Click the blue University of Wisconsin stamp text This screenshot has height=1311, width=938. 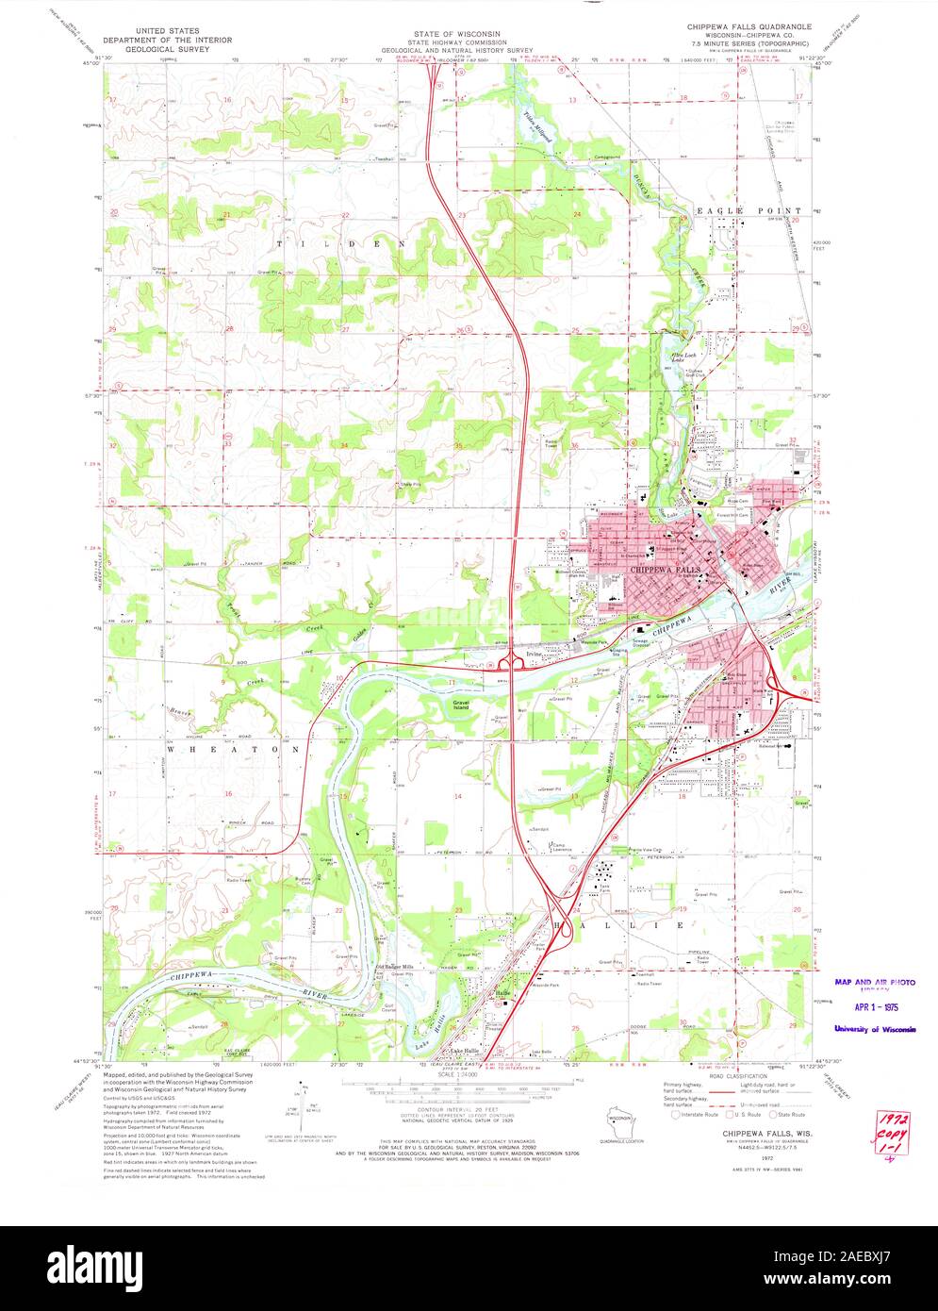[874, 1029]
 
